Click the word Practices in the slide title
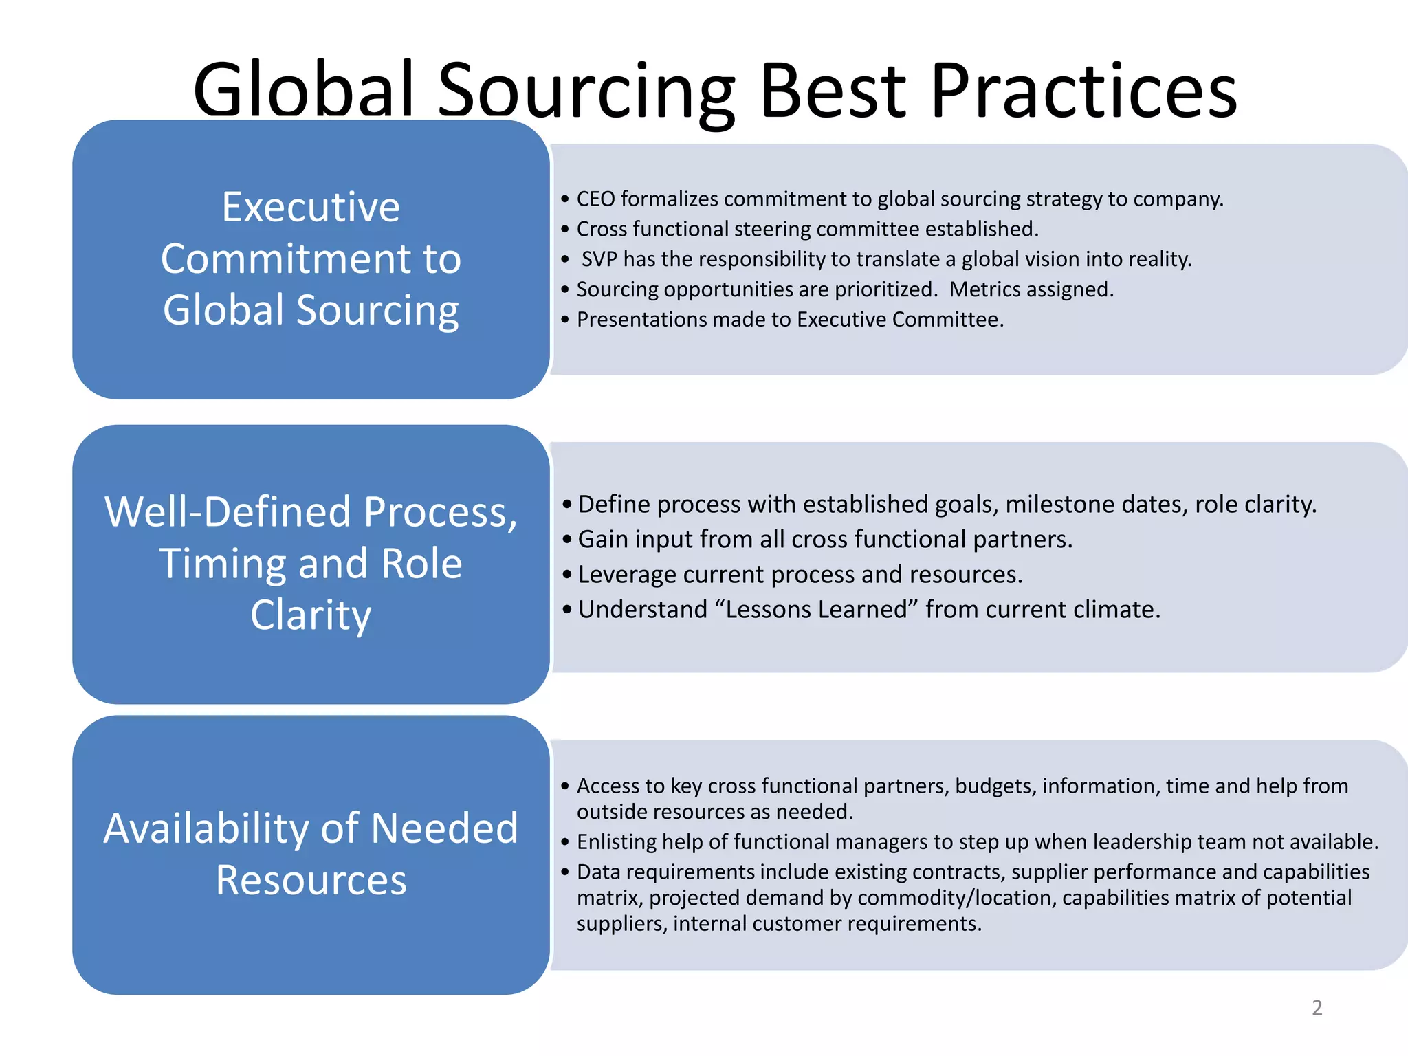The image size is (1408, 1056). click(x=1084, y=91)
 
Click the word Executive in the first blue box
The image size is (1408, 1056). click(x=311, y=207)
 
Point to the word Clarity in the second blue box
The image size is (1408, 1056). click(x=311, y=615)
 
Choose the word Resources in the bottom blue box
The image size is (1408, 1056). click(x=311, y=880)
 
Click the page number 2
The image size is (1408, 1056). click(x=1317, y=1008)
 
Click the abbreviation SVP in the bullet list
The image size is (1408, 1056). click(x=599, y=259)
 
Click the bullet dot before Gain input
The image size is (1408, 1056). click(x=566, y=540)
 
